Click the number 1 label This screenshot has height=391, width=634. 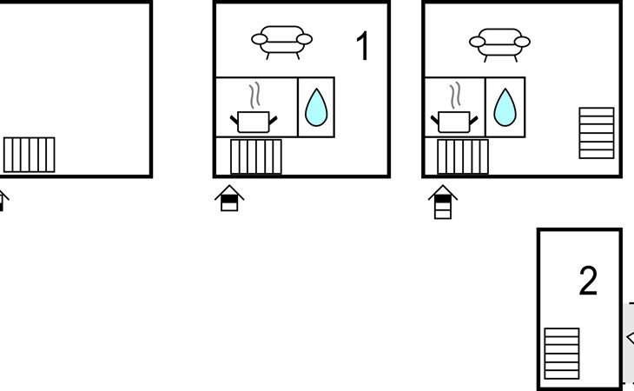(363, 46)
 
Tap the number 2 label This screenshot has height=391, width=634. (588, 281)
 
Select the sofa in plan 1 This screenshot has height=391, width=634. (281, 41)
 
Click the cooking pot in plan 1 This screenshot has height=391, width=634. (254, 120)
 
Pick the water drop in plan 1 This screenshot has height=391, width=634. (315, 109)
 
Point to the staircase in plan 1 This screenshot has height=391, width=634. (255, 157)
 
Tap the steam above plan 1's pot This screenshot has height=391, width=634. (255, 95)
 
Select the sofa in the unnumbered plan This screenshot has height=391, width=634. (499, 41)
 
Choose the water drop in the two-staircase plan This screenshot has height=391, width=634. (505, 109)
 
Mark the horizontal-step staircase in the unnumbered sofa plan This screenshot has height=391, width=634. (596, 133)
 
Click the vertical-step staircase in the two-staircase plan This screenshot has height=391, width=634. (462, 157)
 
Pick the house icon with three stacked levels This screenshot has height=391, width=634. (442, 202)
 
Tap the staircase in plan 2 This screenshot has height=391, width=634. (561, 353)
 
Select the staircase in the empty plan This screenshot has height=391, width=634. (29, 155)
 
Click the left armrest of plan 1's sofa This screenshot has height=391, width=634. (259, 39)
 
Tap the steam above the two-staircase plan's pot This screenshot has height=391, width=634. (453, 95)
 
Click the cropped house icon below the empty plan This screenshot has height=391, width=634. (3, 200)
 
